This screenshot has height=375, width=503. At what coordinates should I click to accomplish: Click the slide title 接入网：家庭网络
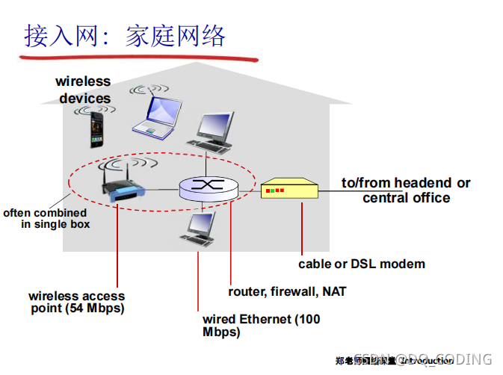124,35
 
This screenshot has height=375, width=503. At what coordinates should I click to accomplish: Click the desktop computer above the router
214,132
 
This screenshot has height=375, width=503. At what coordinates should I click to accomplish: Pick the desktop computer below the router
200,227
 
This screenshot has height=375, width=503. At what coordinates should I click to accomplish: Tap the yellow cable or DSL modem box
289,190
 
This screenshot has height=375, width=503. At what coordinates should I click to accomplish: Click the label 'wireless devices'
83,90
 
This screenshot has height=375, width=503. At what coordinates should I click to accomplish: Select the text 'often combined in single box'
46,218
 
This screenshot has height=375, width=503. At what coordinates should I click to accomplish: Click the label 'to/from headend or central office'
406,190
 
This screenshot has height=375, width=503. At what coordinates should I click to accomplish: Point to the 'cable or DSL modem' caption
362,264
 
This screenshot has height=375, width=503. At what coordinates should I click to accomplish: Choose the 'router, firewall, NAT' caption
287,291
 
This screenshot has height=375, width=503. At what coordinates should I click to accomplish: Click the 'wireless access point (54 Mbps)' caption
76,302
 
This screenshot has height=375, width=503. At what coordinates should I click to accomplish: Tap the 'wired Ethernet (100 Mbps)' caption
261,326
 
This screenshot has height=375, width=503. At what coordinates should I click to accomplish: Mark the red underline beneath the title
139,56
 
